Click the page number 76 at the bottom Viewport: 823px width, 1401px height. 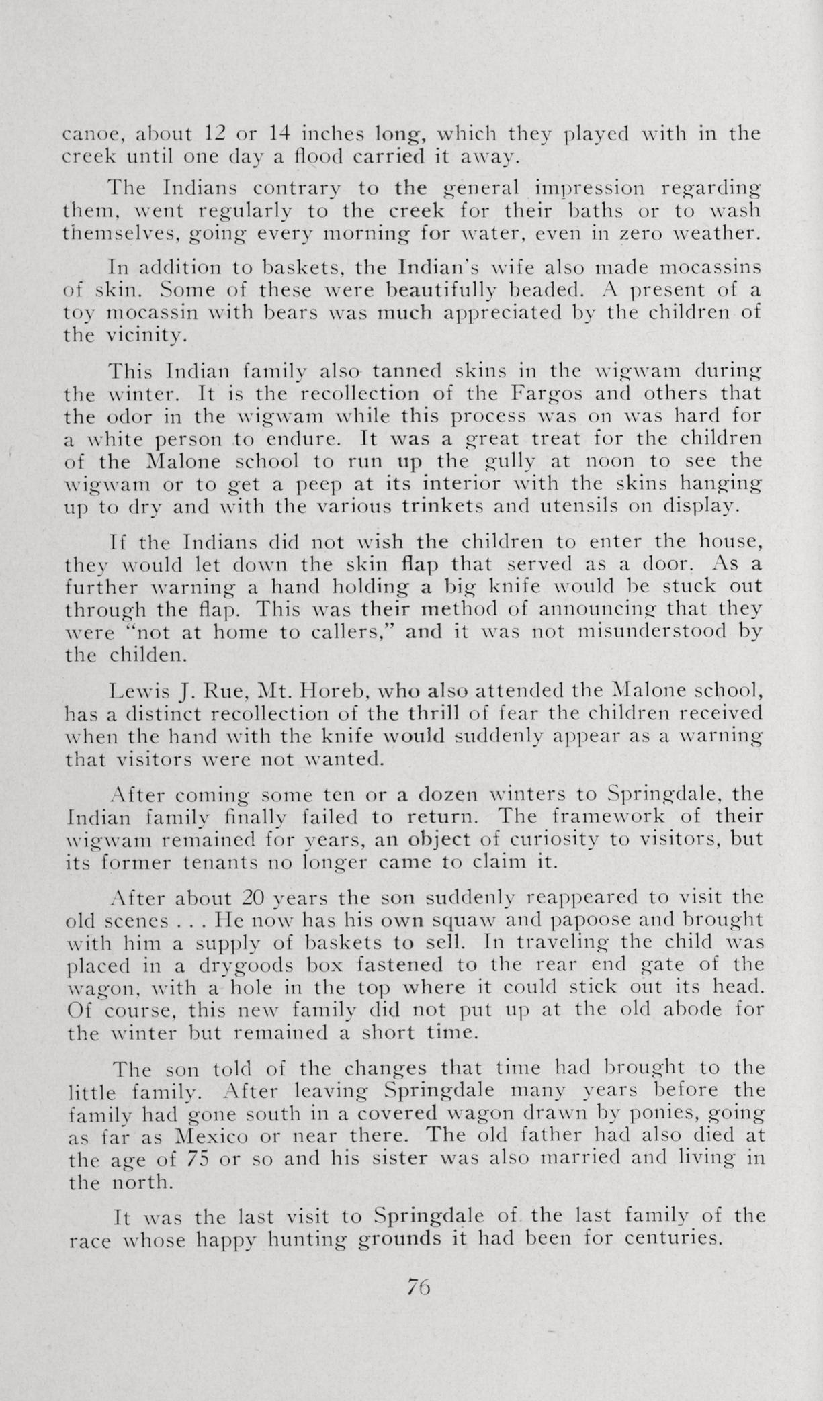pos(417,1286)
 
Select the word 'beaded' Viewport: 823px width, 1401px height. pos(541,290)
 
